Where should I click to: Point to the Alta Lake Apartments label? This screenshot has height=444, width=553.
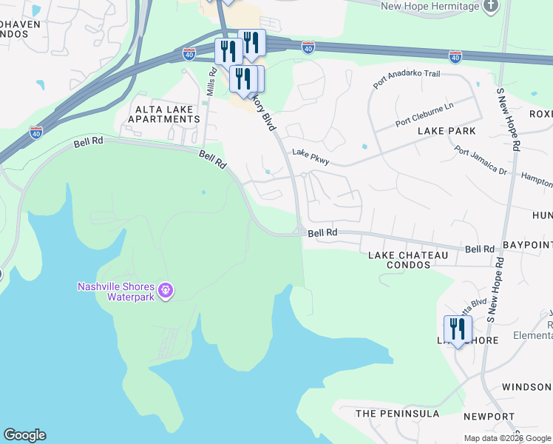pyautogui.click(x=164, y=113)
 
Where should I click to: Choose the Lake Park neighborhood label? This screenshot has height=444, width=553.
pyautogui.click(x=447, y=131)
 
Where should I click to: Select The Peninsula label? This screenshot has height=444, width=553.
pyautogui.click(x=398, y=414)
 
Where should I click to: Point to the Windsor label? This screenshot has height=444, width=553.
pyautogui.click(x=526, y=387)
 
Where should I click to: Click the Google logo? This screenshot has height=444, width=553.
pyautogui.click(x=24, y=435)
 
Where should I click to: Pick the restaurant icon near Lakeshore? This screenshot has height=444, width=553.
pyautogui.click(x=458, y=329)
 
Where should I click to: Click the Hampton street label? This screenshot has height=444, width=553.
pyautogui.click(x=537, y=181)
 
